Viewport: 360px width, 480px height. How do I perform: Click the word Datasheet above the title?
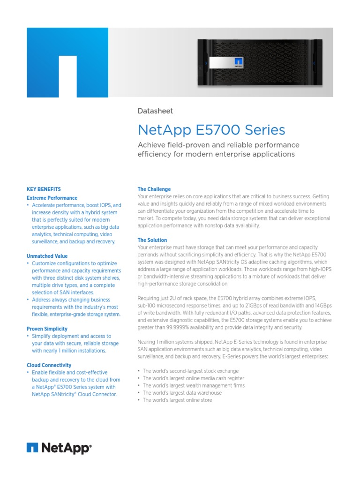click(155, 111)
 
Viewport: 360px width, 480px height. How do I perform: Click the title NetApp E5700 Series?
click(211, 129)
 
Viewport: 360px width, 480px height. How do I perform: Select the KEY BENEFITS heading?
click(44, 189)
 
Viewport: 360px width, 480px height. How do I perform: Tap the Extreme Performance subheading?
click(52, 198)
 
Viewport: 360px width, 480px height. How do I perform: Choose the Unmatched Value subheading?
click(47, 256)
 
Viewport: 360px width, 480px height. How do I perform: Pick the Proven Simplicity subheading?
click(47, 329)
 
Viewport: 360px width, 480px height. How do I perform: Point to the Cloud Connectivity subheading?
click(49, 365)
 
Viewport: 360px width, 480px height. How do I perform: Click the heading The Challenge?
click(154, 189)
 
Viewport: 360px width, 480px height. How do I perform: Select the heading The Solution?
click(152, 240)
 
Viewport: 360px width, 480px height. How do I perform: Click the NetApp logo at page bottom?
click(59, 449)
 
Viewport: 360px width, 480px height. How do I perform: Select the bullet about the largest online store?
click(177, 400)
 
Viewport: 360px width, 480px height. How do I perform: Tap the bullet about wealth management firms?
click(194, 385)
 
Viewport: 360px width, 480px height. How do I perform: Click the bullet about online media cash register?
click(193, 378)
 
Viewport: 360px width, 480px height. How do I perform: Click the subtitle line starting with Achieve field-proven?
click(218, 145)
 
